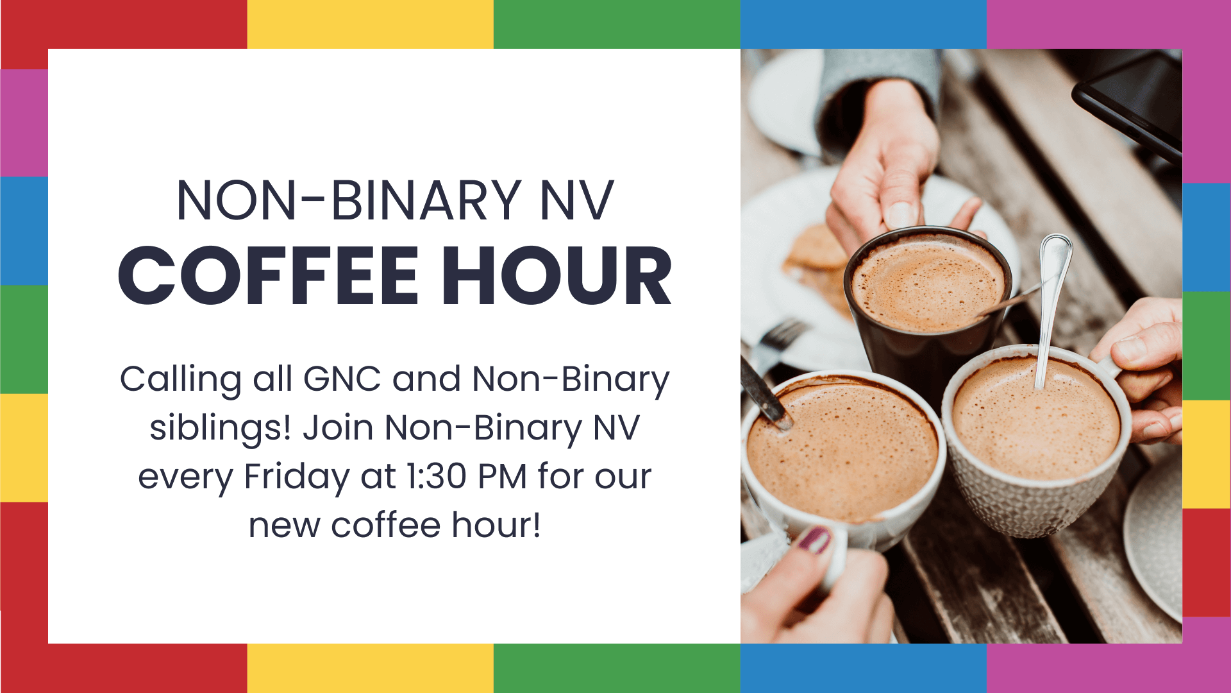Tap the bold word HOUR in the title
click(557, 276)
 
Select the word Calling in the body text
click(180, 380)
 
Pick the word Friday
click(296, 477)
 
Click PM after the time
click(502, 477)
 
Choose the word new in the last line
click(283, 526)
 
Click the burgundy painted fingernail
click(814, 540)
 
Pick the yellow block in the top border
click(370, 24)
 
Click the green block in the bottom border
click(617, 668)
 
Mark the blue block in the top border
click(863, 24)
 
